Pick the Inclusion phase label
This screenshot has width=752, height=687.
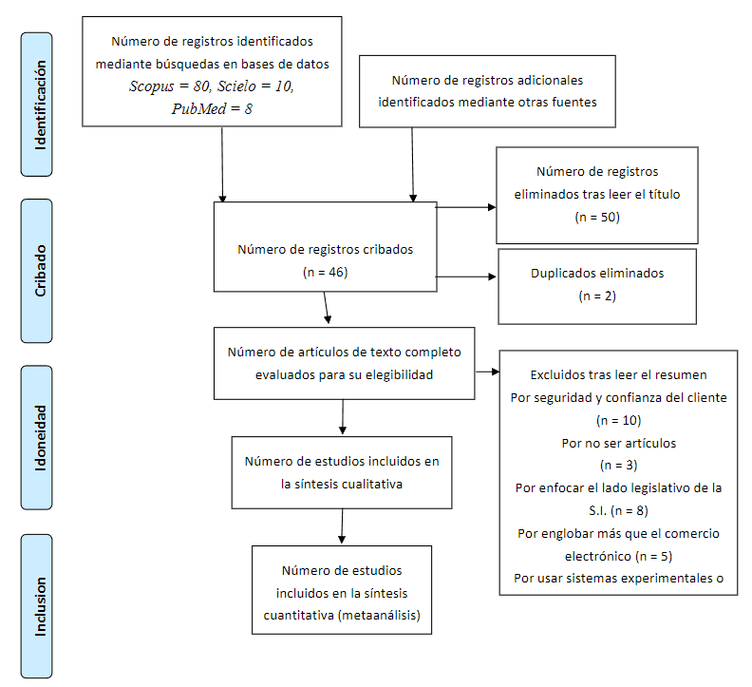[x=39, y=604]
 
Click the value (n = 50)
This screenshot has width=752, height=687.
[x=597, y=217]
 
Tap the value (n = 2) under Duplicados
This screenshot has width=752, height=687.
[x=597, y=296]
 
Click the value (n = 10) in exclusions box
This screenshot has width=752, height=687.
[x=618, y=420]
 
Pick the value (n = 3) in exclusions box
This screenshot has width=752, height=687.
[x=618, y=466]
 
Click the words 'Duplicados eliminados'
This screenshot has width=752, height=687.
[x=597, y=273]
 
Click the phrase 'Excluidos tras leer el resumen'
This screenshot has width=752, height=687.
[x=618, y=374]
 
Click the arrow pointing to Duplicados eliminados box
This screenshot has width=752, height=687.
[x=466, y=277]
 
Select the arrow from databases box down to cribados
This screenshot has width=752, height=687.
[x=222, y=163]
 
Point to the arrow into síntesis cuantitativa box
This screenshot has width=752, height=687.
[x=341, y=527]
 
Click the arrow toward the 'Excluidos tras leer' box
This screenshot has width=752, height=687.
[x=487, y=372]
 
